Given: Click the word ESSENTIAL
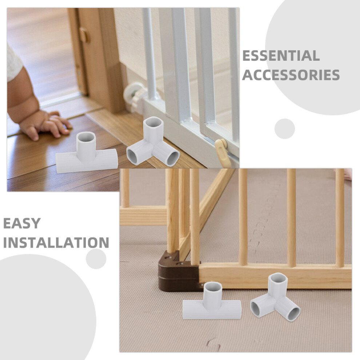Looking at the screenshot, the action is pyautogui.click(x=281, y=56).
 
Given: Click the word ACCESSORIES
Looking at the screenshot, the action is pyautogui.click(x=291, y=75).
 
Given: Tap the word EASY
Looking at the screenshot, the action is pyautogui.click(x=22, y=223).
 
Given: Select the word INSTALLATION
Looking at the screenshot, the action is pyautogui.click(x=56, y=243).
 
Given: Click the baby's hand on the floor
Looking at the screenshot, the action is pyautogui.click(x=46, y=125).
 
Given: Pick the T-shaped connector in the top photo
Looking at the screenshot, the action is pyautogui.click(x=87, y=153).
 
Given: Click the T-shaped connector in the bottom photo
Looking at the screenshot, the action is pyautogui.click(x=212, y=301).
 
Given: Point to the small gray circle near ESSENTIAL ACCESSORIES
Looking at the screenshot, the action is pyautogui.click(x=285, y=129).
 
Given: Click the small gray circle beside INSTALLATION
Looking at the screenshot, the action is pyautogui.click(x=96, y=259).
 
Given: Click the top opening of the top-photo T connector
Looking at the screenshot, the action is pyautogui.click(x=86, y=138).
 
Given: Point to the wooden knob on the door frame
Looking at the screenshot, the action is pyautogui.click(x=84, y=35).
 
